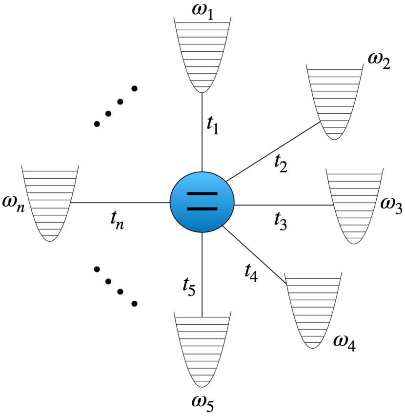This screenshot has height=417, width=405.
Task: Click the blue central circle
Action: pos(202,202)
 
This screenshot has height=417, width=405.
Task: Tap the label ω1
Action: pos(202,10)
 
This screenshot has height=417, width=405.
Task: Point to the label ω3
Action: pos(391,207)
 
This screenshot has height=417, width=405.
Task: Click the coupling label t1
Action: pos(212,125)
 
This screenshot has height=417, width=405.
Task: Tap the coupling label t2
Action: pos(280,164)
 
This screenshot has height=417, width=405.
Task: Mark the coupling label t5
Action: pos(189,287)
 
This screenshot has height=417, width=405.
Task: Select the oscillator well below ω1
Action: pos(202,54)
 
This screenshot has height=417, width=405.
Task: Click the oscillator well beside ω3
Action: pos(354,205)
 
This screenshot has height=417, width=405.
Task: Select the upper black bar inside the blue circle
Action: pos(202,194)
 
